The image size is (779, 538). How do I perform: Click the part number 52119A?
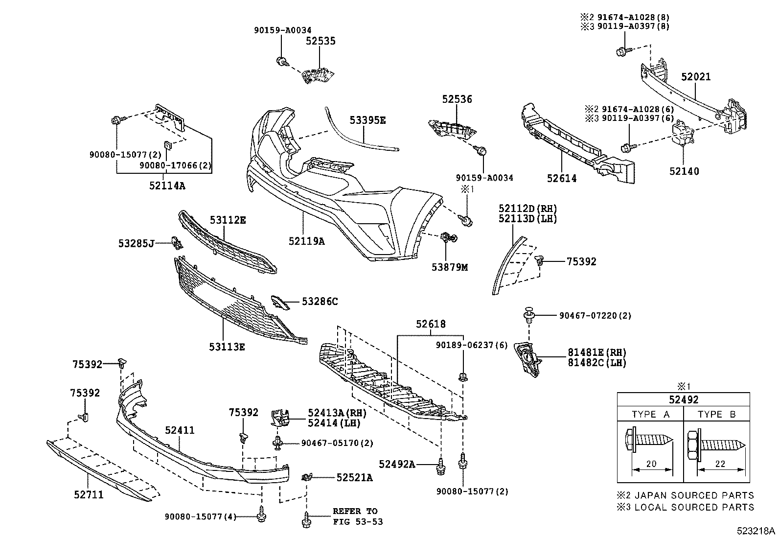[x=306, y=241]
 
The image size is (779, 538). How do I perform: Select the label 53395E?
[x=367, y=120]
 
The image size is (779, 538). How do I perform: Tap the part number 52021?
[x=695, y=76]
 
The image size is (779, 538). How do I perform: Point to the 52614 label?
[x=562, y=178]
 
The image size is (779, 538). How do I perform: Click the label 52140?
[x=684, y=171]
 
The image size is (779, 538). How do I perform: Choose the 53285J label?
[x=136, y=243]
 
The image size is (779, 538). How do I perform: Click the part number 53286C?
[x=320, y=302]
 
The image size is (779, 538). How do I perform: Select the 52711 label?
[x=89, y=494]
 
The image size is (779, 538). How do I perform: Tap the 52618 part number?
[x=431, y=324]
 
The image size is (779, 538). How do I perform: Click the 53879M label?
[x=450, y=267]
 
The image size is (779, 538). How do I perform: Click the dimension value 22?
[x=720, y=464]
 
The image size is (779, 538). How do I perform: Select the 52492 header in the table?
[x=684, y=399]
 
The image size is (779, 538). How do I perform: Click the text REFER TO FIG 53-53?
[x=358, y=516]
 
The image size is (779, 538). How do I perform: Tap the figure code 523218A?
[x=756, y=531]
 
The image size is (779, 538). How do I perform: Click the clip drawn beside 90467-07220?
[x=529, y=315]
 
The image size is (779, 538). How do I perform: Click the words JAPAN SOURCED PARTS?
[x=694, y=495]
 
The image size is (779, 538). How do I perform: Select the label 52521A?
[x=354, y=477]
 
